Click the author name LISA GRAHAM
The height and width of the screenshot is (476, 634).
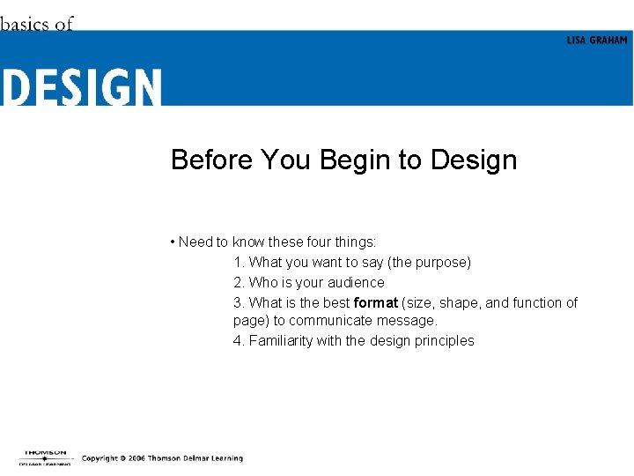pos(596,41)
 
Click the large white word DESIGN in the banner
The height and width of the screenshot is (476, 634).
pos(81,88)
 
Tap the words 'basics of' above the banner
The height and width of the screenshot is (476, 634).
pos(37,24)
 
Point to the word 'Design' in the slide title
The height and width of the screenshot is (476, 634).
pos(474,160)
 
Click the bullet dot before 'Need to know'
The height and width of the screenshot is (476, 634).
pos(173,242)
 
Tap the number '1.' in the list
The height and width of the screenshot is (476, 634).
pos(239,262)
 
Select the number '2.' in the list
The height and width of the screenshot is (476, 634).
pos(239,282)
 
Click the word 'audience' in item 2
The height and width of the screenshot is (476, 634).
pos(356,282)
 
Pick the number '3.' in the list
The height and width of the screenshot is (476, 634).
pos(239,302)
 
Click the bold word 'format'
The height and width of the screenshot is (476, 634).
pos(376,302)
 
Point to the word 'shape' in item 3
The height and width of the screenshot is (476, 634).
pos(459,302)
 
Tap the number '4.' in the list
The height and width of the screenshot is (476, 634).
pos(239,340)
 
